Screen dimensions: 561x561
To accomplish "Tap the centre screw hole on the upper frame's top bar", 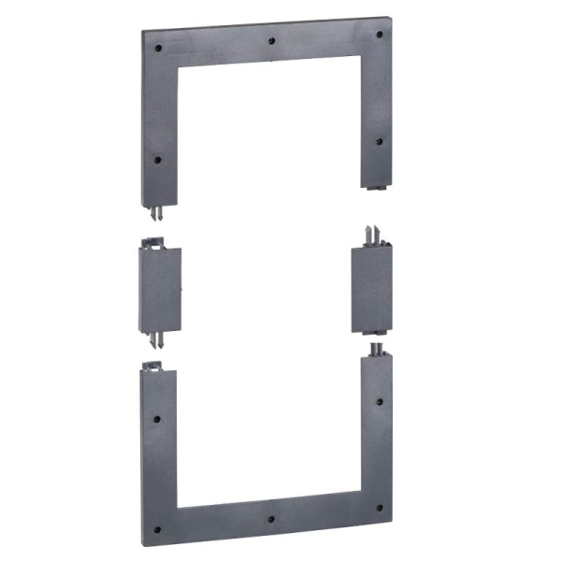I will pyautogui.click(x=270, y=41).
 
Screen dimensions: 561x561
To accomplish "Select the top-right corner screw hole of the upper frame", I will pyautogui.click(x=379, y=35).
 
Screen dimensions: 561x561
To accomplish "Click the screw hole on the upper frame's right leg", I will pyautogui.click(x=379, y=142).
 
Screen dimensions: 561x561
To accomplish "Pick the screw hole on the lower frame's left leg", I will pyautogui.click(x=158, y=419).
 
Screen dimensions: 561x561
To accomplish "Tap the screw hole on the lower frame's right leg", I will pyautogui.click(x=379, y=401).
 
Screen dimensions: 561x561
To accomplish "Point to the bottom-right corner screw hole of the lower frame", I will pyautogui.click(x=379, y=508).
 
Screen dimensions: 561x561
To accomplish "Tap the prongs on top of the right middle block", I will pyautogui.click(x=372, y=234).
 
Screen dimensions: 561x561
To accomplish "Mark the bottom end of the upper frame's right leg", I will pyautogui.click(x=376, y=186).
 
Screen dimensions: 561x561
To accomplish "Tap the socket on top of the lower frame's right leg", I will pyautogui.click(x=376, y=350).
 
